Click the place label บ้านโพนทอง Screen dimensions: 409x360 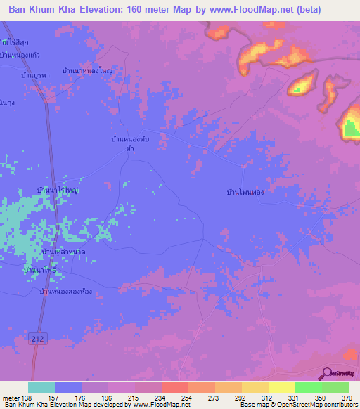[x=245, y=191]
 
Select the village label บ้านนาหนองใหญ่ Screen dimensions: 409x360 [x=89, y=71]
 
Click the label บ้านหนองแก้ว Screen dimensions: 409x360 [x=19, y=55]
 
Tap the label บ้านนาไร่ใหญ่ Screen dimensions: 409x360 [x=58, y=190]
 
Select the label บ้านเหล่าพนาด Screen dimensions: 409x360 [x=64, y=251]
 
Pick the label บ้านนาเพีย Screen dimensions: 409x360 [x=39, y=269]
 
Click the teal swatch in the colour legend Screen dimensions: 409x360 [x=41, y=387]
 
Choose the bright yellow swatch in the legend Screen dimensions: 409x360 [x=281, y=387]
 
